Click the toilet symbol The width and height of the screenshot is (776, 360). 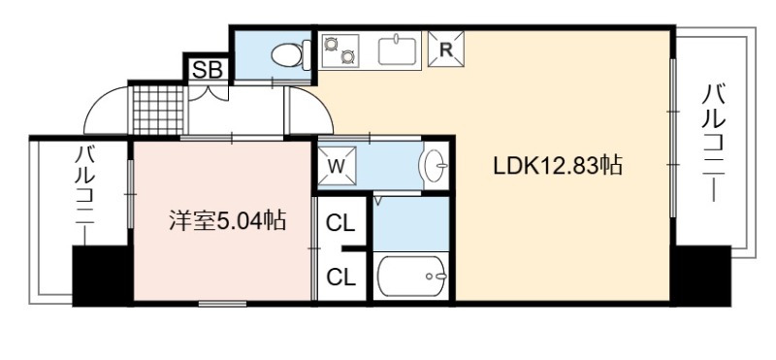(291, 55)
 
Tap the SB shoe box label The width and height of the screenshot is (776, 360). (207, 70)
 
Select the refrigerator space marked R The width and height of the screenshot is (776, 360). (446, 49)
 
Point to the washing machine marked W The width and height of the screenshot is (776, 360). (337, 166)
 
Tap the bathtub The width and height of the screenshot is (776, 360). (411, 276)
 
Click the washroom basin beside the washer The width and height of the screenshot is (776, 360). (434, 165)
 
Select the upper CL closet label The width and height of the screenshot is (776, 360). (340, 224)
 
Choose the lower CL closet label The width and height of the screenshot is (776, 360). (340, 278)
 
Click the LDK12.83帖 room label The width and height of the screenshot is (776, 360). (557, 166)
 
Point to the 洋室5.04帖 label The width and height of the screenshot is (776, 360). (228, 220)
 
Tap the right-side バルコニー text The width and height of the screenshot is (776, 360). (713, 144)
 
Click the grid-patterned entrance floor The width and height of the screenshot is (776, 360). (158, 111)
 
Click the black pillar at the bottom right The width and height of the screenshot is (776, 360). (702, 276)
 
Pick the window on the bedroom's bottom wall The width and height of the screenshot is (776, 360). (222, 303)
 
